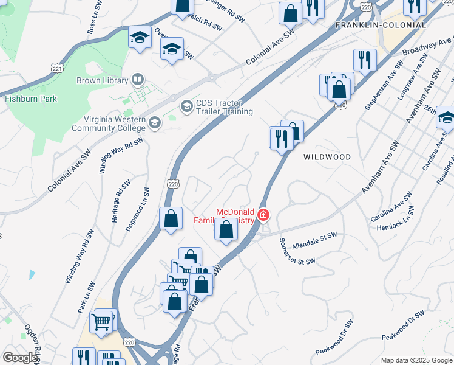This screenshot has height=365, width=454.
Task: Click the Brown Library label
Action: click(102, 80)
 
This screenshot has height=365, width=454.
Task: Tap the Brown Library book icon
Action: click(138, 80)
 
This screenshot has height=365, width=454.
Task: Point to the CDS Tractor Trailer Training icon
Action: click(186, 106)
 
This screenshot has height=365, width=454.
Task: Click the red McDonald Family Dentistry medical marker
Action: click(263, 215)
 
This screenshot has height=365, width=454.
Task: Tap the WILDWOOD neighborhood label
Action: click(327, 157)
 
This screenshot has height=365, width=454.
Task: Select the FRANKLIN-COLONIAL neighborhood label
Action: click(381, 25)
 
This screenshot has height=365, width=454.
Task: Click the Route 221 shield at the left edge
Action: click(57, 69)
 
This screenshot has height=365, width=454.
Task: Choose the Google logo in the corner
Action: click(19, 358)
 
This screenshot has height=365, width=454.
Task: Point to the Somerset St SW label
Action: click(297, 251)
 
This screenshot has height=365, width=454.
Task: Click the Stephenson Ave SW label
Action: click(384, 85)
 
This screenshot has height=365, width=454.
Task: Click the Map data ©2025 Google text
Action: click(416, 360)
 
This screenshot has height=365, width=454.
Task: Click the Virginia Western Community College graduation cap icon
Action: click(154, 123)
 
